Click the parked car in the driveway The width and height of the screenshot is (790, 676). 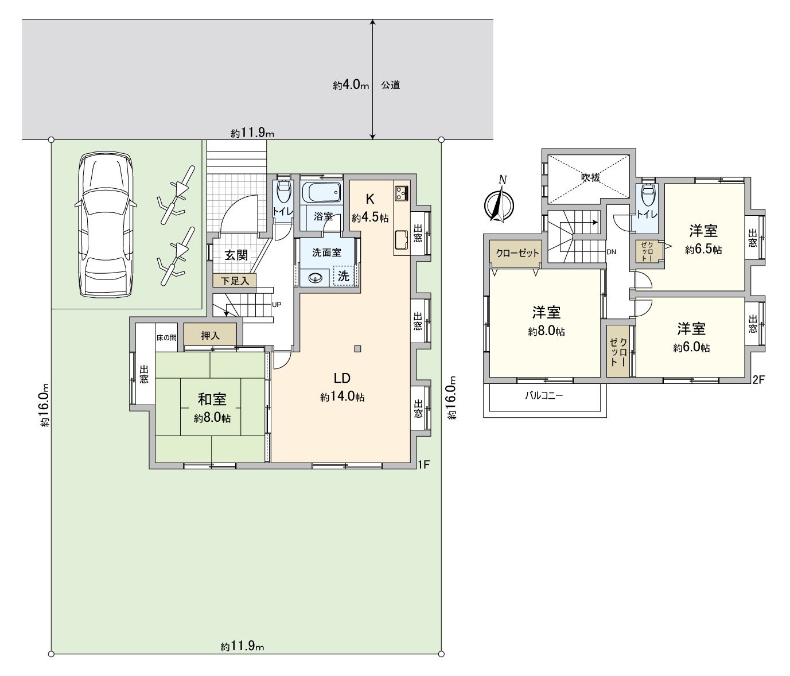click(106, 225)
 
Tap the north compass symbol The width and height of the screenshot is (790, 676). click(499, 203)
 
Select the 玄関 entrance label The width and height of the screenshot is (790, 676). click(236, 255)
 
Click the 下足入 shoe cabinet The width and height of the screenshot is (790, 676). click(234, 281)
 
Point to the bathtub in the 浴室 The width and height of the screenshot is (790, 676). click(321, 192)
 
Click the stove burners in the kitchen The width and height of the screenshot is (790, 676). click(402, 193)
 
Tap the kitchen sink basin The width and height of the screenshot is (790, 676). click(401, 240)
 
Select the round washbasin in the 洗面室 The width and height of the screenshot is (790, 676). click(315, 278)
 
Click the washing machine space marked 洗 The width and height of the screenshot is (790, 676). click(344, 275)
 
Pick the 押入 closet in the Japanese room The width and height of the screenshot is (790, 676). click(210, 335)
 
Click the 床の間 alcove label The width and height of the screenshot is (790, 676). click(166, 337)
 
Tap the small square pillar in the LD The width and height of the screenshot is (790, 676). click(358, 349)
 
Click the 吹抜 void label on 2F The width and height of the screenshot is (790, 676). click(590, 177)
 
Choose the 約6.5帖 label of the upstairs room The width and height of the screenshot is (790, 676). click(703, 250)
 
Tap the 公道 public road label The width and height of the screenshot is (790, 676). click(390, 85)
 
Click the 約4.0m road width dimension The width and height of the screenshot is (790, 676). click(351, 85)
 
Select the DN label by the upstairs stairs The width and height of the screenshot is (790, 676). click(611, 252)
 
